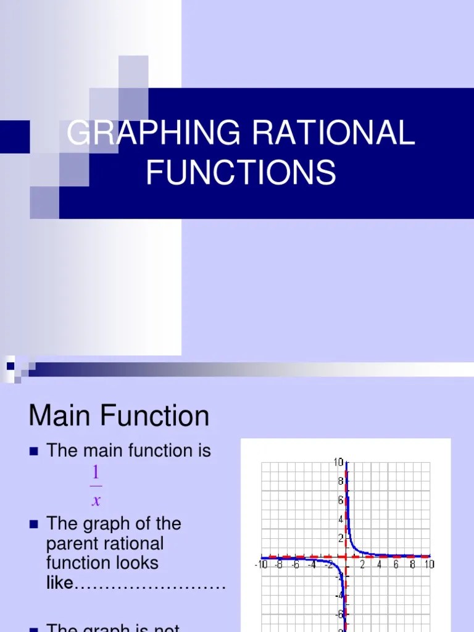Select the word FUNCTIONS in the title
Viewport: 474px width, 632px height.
tap(241, 172)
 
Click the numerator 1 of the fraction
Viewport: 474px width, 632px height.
tap(96, 473)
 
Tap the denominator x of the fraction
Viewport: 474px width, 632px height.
tap(96, 501)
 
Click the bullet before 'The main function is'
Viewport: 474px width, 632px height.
tap(34, 452)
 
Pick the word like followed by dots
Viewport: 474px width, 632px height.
tap(60, 582)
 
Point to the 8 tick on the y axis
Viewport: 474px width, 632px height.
tap(340, 481)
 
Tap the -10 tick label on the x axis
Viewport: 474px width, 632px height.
tap(261, 565)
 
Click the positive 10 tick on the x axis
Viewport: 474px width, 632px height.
tap(428, 565)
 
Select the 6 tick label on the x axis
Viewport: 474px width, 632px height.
tap(396, 565)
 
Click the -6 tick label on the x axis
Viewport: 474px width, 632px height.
tap(294, 565)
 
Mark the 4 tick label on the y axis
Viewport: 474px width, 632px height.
tap(340, 520)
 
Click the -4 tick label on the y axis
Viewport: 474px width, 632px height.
tap(339, 596)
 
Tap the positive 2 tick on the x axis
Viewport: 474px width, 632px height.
tap(362, 565)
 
